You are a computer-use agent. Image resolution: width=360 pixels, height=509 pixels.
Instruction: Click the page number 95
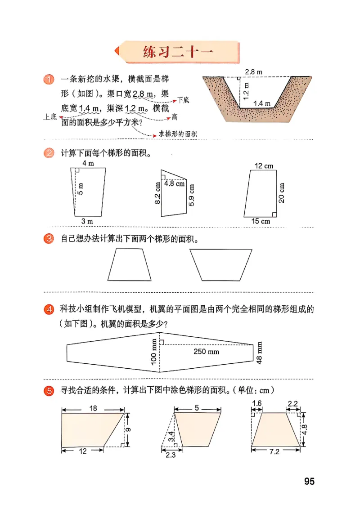(309, 481)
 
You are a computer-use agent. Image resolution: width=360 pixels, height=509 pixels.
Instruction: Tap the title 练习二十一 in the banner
(178, 53)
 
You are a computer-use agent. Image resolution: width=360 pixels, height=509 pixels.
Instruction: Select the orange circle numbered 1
(49, 80)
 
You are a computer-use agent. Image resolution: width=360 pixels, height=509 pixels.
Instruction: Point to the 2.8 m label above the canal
(254, 71)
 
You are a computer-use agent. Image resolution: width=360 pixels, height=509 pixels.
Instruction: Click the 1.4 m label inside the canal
(261, 103)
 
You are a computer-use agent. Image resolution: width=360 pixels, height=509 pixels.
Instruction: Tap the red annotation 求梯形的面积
(178, 134)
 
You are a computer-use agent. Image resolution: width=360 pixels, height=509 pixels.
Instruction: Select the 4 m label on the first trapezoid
(88, 163)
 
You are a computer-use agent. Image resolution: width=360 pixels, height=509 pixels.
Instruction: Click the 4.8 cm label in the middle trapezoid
(174, 183)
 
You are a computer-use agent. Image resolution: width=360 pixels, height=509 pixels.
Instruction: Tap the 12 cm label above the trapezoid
(264, 166)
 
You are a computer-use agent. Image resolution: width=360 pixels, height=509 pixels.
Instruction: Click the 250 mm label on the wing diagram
(207, 351)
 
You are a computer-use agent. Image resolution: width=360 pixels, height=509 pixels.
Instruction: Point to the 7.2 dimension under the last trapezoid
(274, 452)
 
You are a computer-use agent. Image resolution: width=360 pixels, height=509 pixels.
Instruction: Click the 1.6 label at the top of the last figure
(257, 404)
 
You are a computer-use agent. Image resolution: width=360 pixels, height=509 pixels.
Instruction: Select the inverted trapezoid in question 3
(220, 265)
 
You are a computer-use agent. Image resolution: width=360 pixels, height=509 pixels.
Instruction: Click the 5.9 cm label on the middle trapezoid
(192, 194)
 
